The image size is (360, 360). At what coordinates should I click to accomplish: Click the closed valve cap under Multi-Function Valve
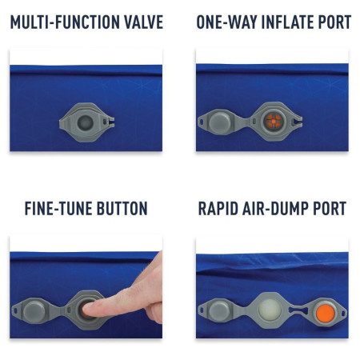[85, 123]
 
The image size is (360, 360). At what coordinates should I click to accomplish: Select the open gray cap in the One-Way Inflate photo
[222, 122]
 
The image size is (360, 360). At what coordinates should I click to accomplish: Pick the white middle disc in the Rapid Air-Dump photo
[270, 309]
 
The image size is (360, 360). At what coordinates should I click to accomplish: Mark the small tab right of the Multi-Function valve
[109, 123]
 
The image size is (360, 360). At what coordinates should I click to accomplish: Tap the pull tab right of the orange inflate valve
[298, 122]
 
